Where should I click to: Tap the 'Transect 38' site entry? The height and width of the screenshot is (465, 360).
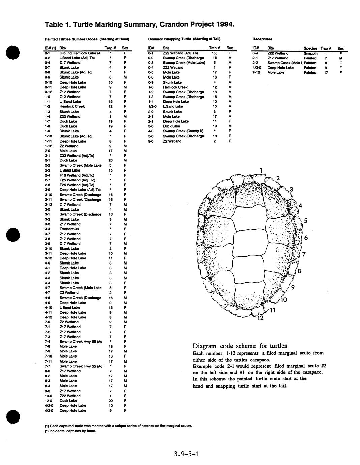(x=69, y=229)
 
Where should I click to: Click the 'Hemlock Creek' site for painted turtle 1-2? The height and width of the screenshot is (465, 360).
(x=72, y=106)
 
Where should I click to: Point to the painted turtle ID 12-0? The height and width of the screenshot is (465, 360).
(x=49, y=401)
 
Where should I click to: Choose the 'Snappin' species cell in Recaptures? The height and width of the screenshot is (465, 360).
(x=310, y=53)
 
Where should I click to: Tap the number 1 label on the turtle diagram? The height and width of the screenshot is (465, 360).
(x=261, y=171)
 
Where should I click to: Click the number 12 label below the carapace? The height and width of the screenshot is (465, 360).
(x=260, y=318)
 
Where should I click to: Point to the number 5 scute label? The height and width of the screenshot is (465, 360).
(x=305, y=221)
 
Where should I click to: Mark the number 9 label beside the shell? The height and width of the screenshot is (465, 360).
(x=293, y=287)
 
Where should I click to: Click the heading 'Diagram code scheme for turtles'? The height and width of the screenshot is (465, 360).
(x=240, y=346)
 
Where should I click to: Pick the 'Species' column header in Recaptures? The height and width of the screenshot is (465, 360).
(x=310, y=48)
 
